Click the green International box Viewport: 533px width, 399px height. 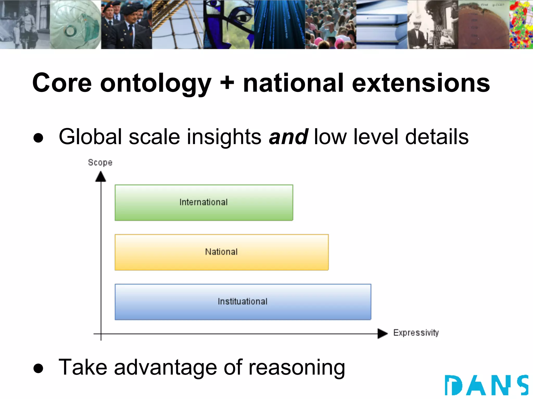click(204, 203)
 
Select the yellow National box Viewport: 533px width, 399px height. click(221, 252)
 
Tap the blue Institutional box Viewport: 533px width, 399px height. click(243, 302)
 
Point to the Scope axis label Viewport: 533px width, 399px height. click(100, 163)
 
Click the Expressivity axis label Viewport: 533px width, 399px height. click(416, 333)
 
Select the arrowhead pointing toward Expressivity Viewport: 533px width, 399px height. click(383, 334)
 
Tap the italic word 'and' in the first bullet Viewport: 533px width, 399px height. click(289, 137)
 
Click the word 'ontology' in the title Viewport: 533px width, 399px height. click(156, 84)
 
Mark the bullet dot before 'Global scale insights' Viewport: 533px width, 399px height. click(38, 138)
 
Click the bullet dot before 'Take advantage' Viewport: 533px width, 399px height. click(38, 368)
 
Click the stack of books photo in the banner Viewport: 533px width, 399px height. click(382, 25)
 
